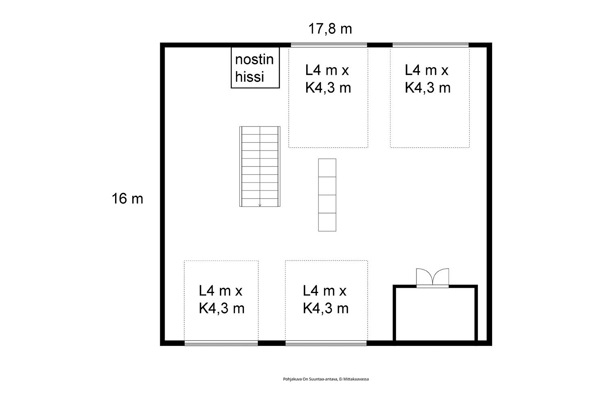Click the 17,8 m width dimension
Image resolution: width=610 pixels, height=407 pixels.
(330, 28)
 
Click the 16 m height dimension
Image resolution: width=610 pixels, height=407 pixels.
(127, 199)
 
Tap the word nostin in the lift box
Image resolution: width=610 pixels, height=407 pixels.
(254, 59)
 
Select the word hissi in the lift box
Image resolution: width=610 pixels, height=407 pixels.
(249, 77)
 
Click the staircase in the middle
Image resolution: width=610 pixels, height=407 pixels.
(260, 166)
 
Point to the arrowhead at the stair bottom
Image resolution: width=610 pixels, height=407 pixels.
(260, 205)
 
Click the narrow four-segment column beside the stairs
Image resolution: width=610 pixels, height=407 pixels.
(327, 195)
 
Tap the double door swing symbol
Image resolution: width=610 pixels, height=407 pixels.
(432, 277)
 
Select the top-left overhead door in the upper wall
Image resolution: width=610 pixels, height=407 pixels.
(329, 45)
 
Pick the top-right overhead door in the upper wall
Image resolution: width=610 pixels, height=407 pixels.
(430, 45)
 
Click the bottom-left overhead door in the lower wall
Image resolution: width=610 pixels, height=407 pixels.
(221, 343)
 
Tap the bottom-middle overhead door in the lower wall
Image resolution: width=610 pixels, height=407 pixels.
(326, 343)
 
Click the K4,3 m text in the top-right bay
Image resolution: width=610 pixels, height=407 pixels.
(427, 88)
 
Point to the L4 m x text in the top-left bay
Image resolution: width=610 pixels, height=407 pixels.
(327, 70)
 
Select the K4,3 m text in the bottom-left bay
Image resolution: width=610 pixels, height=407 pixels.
(222, 309)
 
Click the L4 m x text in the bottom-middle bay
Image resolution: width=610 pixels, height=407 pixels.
(325, 291)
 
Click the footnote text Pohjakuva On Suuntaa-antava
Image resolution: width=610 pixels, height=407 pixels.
(310, 379)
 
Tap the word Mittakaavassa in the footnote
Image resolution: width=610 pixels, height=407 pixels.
(356, 379)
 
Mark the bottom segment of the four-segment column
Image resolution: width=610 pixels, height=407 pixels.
(327, 222)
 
